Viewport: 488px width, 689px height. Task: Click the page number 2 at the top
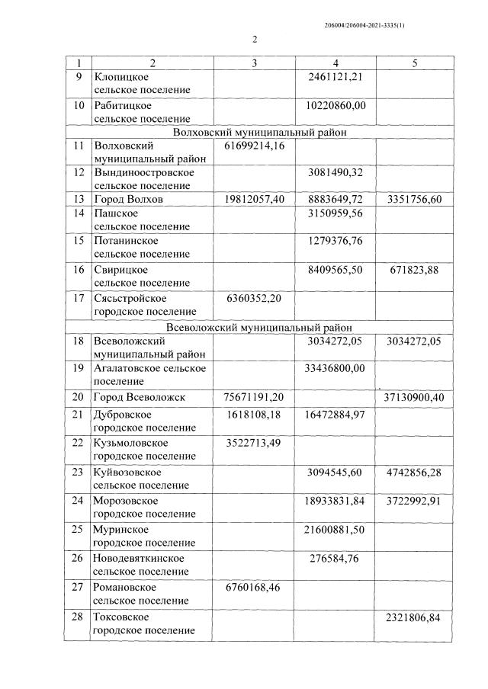tap(255, 40)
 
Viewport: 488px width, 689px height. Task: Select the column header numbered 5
tap(414, 63)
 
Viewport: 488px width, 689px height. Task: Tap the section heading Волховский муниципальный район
tap(259, 132)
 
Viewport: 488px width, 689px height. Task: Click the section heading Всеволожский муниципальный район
tap(259, 328)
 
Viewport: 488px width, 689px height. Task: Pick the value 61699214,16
tap(255, 145)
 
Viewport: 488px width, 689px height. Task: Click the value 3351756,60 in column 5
tap(414, 200)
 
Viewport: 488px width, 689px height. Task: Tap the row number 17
tap(78, 298)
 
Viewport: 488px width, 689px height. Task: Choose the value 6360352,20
tap(255, 298)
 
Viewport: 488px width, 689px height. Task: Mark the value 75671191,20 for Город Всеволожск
tap(255, 397)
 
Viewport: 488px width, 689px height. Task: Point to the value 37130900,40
tap(414, 397)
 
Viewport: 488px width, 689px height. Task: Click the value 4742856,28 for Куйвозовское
tap(414, 472)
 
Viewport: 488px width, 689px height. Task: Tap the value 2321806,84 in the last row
tap(414, 617)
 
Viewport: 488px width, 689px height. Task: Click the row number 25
tap(78, 529)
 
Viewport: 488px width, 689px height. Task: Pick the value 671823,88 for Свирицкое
tap(414, 269)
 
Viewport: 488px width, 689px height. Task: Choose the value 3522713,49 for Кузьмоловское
tap(255, 443)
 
